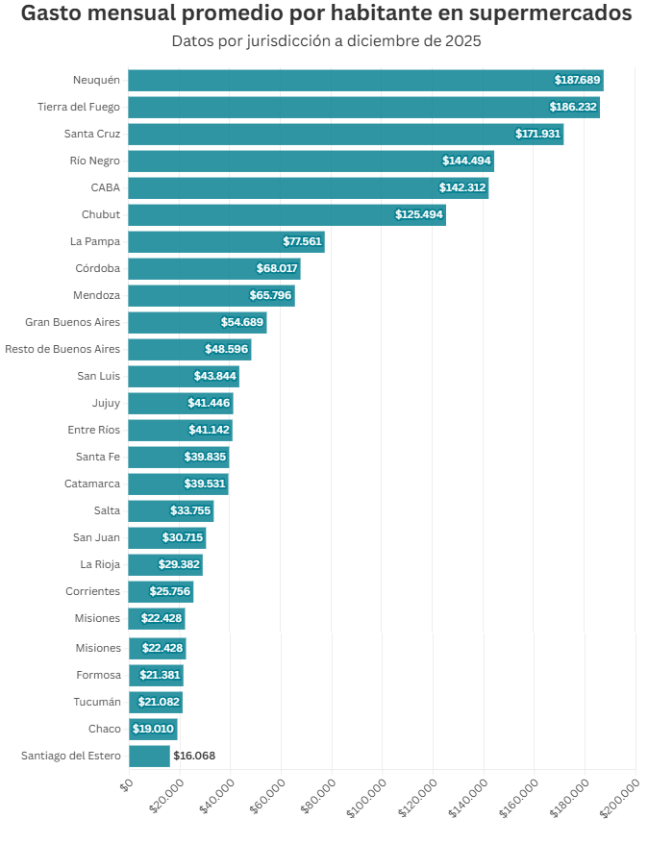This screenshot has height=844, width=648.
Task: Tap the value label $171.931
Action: [x=537, y=134]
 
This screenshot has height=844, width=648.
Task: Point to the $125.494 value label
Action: [x=419, y=214]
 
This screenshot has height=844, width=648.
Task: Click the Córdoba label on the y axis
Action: [x=97, y=268]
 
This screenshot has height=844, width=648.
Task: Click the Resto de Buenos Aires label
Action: [x=62, y=349]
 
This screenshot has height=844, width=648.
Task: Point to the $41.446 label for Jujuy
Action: [x=209, y=403]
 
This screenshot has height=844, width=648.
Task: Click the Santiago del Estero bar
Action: [x=149, y=757]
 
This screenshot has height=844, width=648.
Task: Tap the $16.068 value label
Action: [x=194, y=757]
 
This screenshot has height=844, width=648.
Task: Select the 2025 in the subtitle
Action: [x=460, y=41]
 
